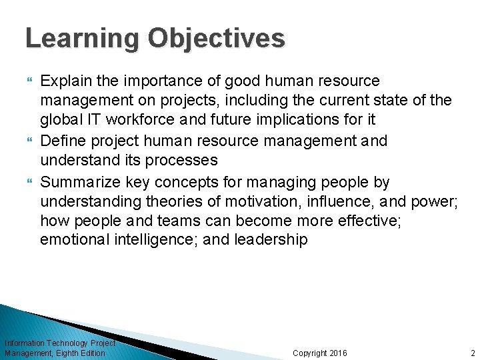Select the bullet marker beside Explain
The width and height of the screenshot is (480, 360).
click(29, 81)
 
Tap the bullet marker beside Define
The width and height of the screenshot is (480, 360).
click(29, 142)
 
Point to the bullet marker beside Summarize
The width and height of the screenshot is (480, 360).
click(29, 182)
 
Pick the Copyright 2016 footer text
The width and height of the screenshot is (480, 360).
click(320, 353)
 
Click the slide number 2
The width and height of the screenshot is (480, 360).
click(471, 353)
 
